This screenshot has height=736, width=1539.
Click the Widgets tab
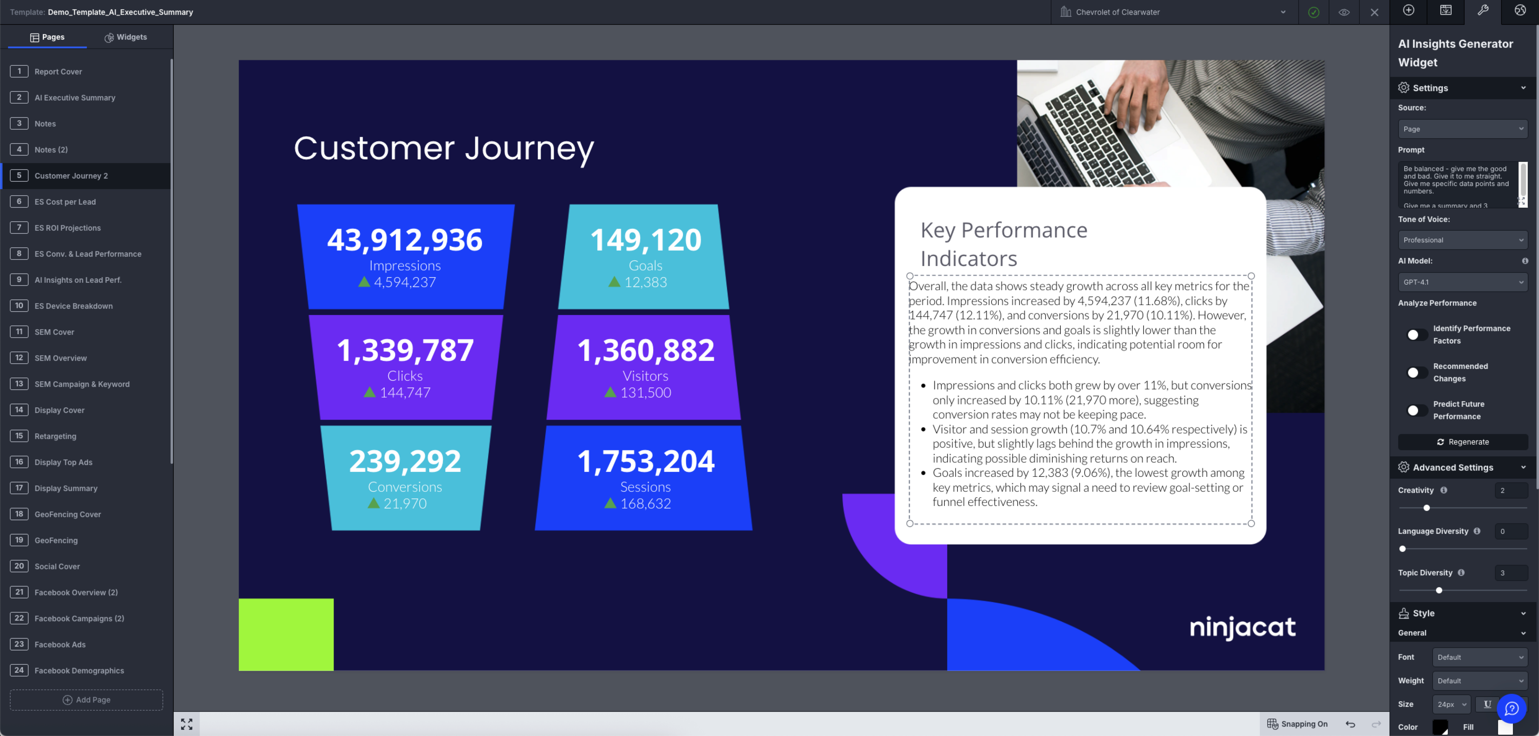(x=126, y=37)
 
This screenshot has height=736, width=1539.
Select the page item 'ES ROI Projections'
(x=68, y=228)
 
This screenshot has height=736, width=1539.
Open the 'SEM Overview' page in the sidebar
(x=60, y=358)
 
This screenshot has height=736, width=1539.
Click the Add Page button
(x=87, y=699)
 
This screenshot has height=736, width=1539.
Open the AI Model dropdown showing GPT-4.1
(x=1462, y=282)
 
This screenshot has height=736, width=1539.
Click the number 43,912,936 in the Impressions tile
(x=404, y=240)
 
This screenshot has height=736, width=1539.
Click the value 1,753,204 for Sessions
(x=645, y=461)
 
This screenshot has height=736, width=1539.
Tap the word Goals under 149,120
(x=645, y=265)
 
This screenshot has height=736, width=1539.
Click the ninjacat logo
(x=1243, y=627)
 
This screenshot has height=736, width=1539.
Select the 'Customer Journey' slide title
(x=444, y=148)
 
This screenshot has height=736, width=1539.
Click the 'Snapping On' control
(x=1298, y=724)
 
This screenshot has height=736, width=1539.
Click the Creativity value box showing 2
(x=1510, y=490)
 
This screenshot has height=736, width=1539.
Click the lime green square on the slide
(x=286, y=634)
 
